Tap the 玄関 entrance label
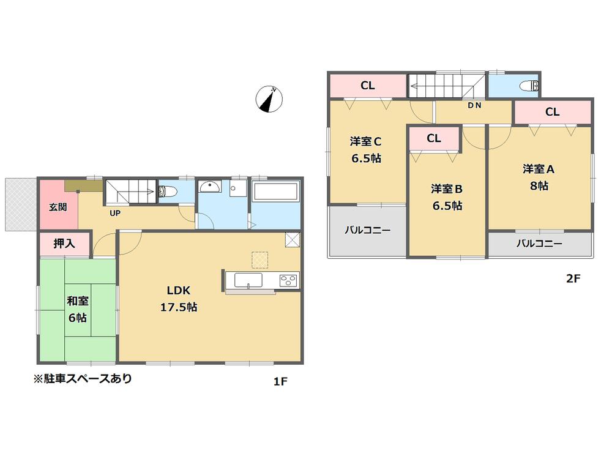click(x=59, y=206)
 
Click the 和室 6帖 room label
click(x=76, y=309)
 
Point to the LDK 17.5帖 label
click(x=178, y=299)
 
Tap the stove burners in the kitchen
click(x=288, y=280)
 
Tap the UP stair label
click(x=114, y=214)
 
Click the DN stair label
click(x=474, y=105)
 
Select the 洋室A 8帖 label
click(x=539, y=177)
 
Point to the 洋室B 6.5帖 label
click(x=446, y=196)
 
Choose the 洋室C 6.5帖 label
click(x=366, y=149)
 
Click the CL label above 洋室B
click(x=433, y=138)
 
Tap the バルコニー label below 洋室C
click(x=367, y=230)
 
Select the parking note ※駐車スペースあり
click(x=83, y=379)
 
